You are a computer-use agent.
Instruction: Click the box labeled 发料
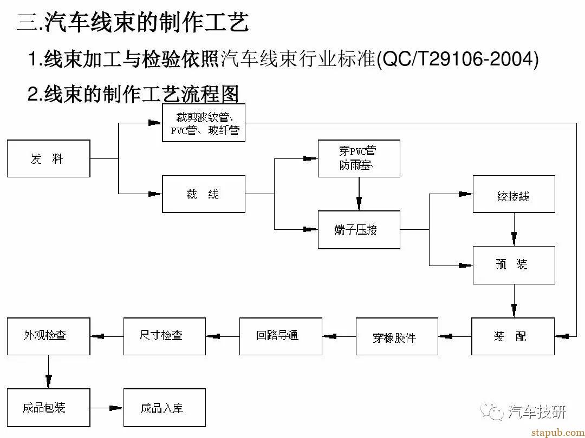[49, 158]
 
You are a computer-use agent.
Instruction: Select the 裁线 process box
[204, 194]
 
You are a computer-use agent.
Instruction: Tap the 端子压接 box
[359, 229]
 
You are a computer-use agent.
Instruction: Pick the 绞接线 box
[513, 194]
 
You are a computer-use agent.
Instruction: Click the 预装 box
[513, 265]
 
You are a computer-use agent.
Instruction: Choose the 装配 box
[513, 336]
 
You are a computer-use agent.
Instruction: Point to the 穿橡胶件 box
[397, 336]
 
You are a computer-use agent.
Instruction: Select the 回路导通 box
[281, 336]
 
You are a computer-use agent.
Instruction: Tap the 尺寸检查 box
[165, 336]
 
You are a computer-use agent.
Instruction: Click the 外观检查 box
[49, 336]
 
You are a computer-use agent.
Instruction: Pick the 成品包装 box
[49, 408]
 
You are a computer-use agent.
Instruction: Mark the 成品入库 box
[165, 408]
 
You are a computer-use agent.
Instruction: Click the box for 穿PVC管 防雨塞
[359, 158]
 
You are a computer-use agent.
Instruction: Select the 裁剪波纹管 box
[204, 123]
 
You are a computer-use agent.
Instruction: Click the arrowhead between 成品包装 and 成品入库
[116, 408]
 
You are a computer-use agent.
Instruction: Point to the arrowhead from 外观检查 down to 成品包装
[49, 381]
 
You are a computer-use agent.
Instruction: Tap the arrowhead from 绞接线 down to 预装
[514, 239]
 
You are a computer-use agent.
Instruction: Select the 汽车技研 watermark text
[537, 412]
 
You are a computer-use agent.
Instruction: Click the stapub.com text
[558, 433]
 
